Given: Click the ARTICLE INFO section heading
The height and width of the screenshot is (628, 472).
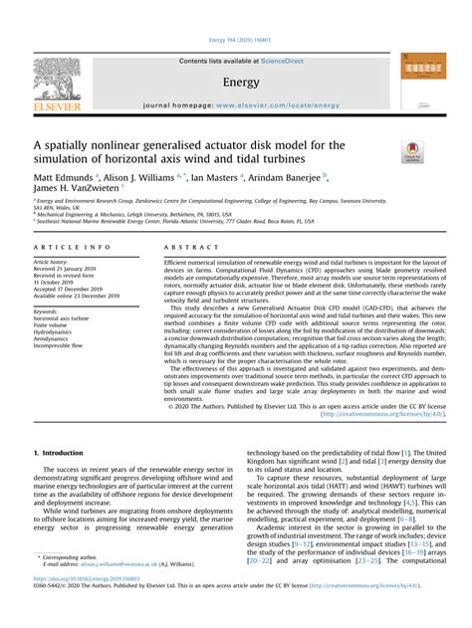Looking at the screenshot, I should point(64,246).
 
